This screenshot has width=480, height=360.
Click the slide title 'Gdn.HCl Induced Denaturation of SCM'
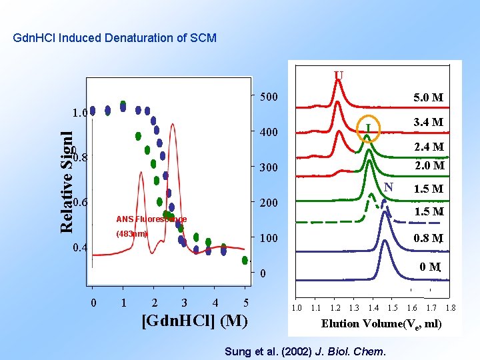point(115,38)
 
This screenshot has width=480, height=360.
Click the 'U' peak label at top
point(339,75)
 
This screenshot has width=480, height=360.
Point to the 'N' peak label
point(389,186)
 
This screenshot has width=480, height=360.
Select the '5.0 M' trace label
point(428,98)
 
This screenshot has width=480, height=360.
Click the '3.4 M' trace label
point(428,123)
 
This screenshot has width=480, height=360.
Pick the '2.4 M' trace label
point(428,147)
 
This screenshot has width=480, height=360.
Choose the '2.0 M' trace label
point(428,165)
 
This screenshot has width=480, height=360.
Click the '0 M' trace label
point(430,267)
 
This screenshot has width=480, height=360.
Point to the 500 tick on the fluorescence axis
point(269,97)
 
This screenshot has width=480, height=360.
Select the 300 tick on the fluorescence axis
point(269,167)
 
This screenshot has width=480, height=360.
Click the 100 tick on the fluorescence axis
point(269,238)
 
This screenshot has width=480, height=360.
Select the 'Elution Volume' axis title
point(381,324)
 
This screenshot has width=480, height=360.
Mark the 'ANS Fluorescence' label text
point(151,219)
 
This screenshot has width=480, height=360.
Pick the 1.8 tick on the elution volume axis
point(450,308)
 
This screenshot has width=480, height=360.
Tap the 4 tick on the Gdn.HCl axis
point(215,303)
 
